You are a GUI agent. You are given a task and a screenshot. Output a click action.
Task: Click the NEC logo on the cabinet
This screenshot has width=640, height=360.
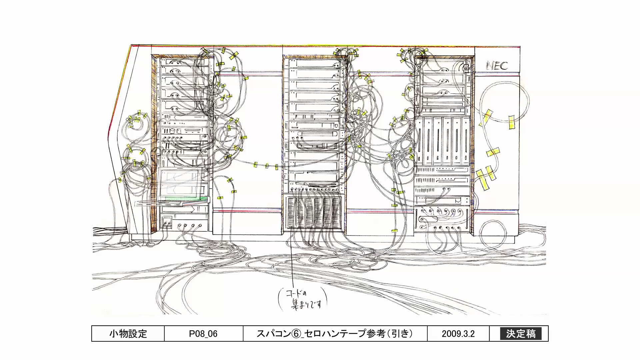coord(497,65)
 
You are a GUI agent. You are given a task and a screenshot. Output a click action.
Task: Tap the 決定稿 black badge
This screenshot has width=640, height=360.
coord(521,334)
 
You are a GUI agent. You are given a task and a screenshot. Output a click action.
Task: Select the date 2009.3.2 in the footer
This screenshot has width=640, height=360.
coord(458,334)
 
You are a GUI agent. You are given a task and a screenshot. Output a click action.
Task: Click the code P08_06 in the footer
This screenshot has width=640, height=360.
coord(203,334)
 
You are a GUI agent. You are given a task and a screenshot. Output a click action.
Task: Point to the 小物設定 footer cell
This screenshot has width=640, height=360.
coord(128,334)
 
